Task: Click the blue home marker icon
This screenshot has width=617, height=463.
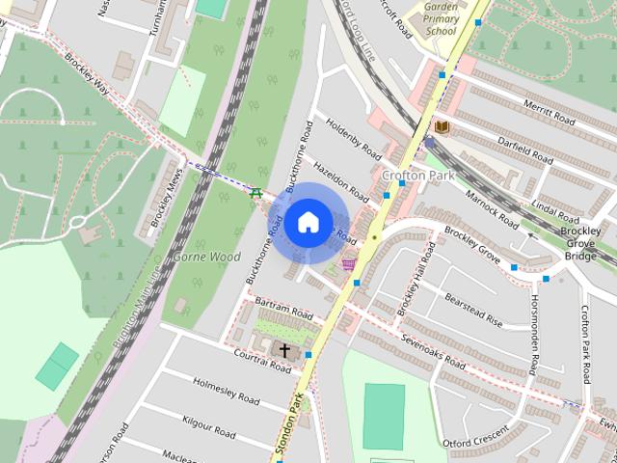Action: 308,223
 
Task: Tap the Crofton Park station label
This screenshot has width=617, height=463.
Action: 416,176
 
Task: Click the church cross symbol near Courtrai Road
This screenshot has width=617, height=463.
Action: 284,349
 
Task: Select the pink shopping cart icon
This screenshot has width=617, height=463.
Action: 348,264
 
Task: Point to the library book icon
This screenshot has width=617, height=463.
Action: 443,126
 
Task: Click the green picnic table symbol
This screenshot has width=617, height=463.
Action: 256,193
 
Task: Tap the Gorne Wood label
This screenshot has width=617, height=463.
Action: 206,258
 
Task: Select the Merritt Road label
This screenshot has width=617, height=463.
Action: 550,112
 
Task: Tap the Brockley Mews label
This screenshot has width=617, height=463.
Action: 163,199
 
